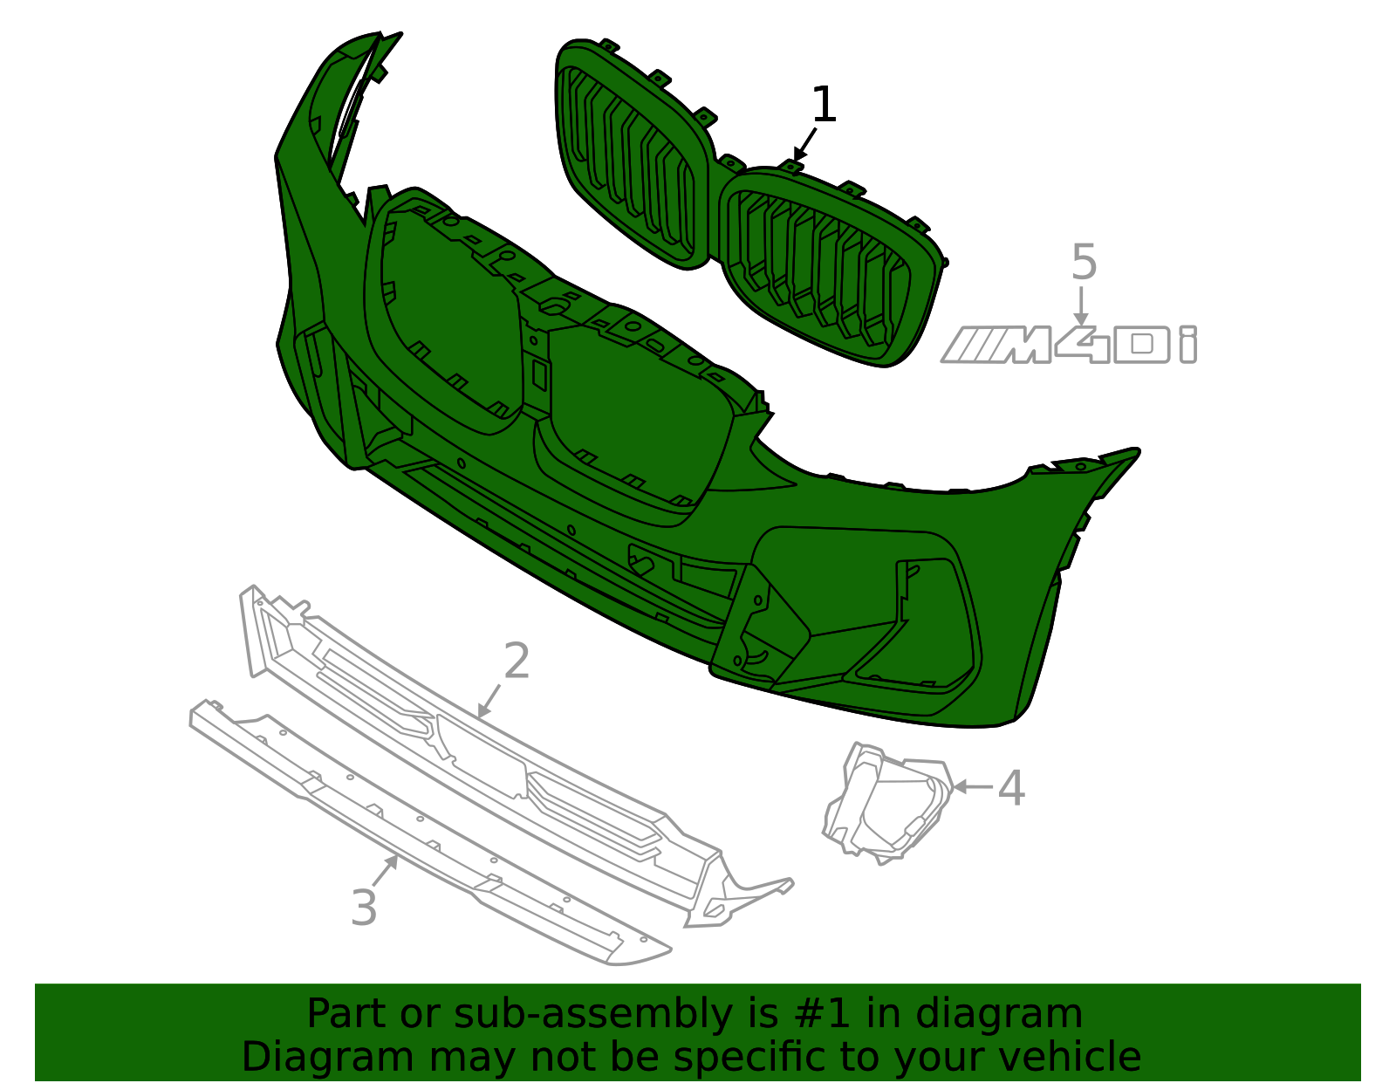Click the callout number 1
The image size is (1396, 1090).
pos(824,106)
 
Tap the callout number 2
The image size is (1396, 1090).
pos(517,661)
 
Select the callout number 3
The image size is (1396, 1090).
pos(364,908)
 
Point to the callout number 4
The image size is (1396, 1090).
pos(1010,788)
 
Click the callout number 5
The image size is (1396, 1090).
pos(1084,263)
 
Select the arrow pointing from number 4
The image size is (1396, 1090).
pos(972,786)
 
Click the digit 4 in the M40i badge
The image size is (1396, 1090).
pos(1082,345)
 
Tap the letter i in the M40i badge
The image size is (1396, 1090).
pos(1187,345)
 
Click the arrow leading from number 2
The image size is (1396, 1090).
pos(490,701)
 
